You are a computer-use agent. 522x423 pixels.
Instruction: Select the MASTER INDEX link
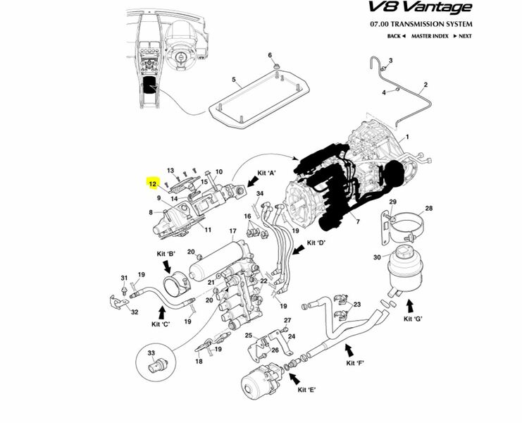(x=430, y=36)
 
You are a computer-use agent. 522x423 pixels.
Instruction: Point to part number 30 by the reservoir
(x=376, y=257)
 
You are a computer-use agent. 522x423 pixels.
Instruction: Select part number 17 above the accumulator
(x=232, y=231)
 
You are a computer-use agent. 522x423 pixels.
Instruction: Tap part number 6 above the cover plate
(x=269, y=56)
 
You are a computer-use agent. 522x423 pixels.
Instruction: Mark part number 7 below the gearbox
(x=357, y=222)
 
